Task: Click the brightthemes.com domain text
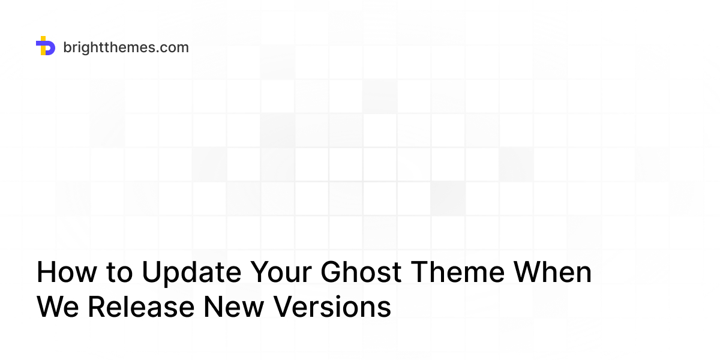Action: click(125, 47)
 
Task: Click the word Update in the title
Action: click(191, 274)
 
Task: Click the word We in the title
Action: click(58, 307)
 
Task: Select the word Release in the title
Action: click(140, 307)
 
